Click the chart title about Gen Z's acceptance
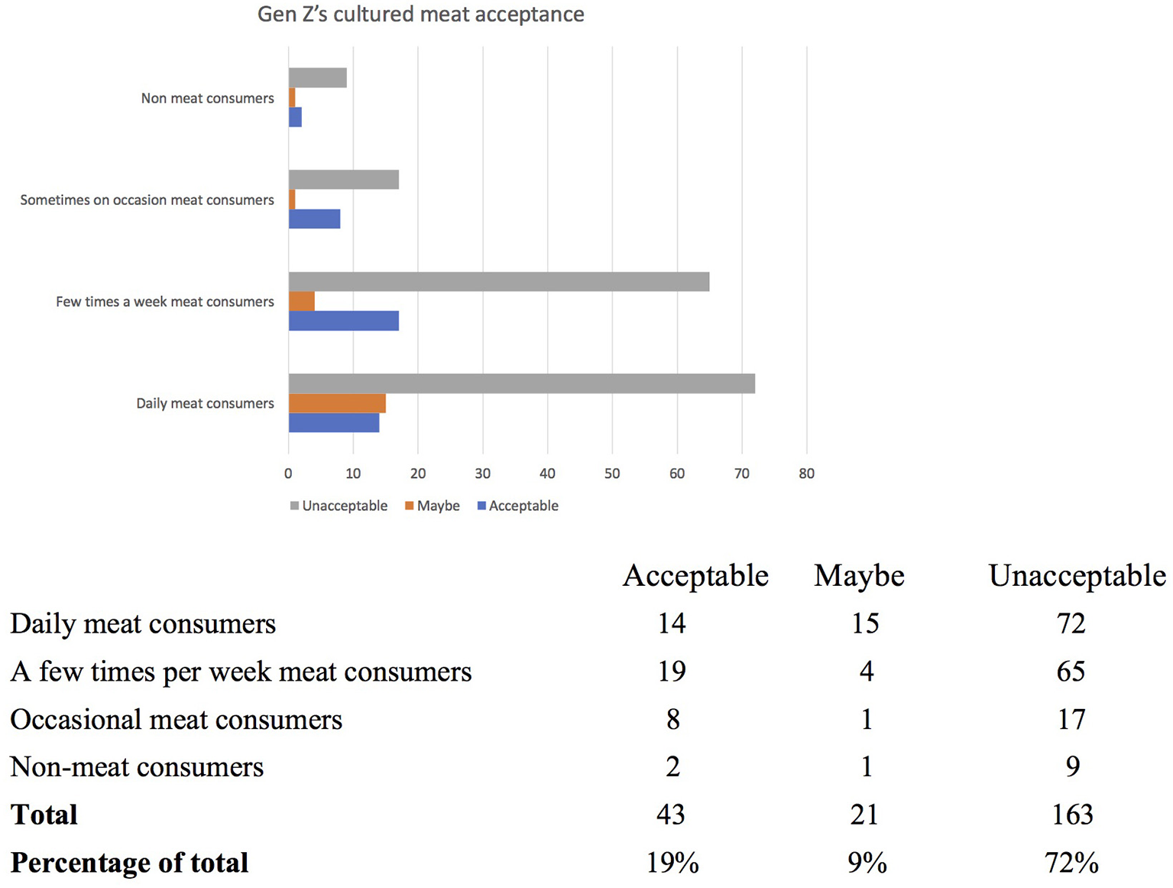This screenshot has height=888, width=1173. [420, 15]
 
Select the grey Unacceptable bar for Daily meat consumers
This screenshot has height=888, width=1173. [521, 383]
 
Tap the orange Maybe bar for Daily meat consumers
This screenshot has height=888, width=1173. [337, 403]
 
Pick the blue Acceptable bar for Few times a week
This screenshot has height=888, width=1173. [343, 321]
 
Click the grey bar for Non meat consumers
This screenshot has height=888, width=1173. [317, 78]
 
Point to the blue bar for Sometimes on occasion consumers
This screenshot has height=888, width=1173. [314, 220]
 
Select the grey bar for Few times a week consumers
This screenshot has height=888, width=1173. [498, 281]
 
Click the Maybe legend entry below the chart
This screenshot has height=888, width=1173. [433, 506]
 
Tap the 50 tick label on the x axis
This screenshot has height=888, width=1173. [612, 473]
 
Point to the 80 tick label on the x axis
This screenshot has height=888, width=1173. [806, 473]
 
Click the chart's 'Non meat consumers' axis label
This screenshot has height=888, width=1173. [207, 98]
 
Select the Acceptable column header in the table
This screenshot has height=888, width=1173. [695, 576]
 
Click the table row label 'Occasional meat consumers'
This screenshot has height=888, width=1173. [176, 720]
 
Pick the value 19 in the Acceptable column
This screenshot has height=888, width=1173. [672, 672]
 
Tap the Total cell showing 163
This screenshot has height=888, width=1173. [1071, 815]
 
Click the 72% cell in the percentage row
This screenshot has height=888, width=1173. [1071, 863]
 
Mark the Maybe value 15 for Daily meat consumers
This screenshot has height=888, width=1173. [865, 623]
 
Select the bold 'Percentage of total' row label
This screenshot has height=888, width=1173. [129, 863]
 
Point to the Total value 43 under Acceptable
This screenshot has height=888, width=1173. [671, 815]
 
